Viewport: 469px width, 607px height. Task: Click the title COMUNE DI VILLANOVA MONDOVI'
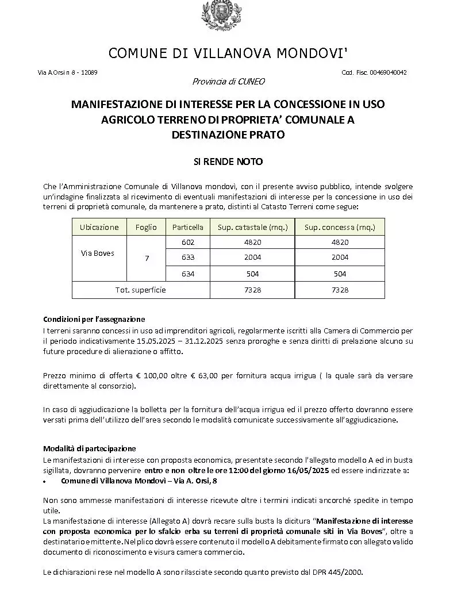pyautogui.click(x=228, y=53)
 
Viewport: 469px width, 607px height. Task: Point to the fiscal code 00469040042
pyautogui.click(x=389, y=72)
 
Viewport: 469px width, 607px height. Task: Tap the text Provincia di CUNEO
pyautogui.click(x=228, y=82)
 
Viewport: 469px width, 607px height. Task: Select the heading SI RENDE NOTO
pyautogui.click(x=228, y=162)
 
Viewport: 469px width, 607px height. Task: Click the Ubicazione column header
pyautogui.click(x=99, y=227)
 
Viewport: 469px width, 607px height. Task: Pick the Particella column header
pyautogui.click(x=188, y=227)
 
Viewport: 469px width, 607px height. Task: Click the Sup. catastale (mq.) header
pyautogui.click(x=253, y=227)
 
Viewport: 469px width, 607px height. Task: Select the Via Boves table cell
pyautogui.click(x=97, y=253)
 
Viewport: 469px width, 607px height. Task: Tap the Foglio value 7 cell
pyautogui.click(x=147, y=259)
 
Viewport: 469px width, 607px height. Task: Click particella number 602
pyautogui.click(x=188, y=243)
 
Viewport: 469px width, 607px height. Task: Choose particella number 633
pyautogui.click(x=188, y=258)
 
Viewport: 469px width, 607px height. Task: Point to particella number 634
pyautogui.click(x=188, y=274)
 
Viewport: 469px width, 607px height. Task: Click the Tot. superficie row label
pyautogui.click(x=140, y=290)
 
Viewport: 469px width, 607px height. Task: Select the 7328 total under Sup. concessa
pyautogui.click(x=340, y=290)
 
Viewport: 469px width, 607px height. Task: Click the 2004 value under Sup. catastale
pyautogui.click(x=253, y=258)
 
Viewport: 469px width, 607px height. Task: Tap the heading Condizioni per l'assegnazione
pyautogui.click(x=94, y=319)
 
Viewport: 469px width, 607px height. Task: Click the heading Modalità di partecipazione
pyautogui.click(x=90, y=448)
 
